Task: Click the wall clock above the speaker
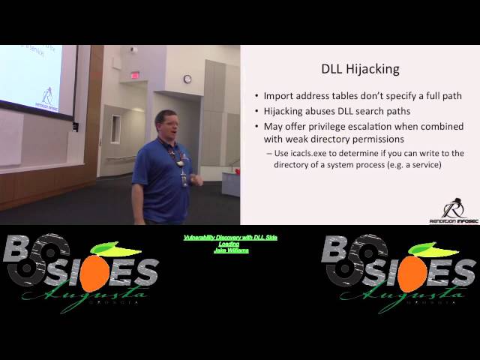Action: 187,79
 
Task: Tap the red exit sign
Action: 135,75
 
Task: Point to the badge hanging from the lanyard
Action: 184,180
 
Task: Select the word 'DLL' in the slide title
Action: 329,69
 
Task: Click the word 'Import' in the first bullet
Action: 280,96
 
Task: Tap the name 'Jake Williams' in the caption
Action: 231,250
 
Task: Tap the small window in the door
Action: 115,129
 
